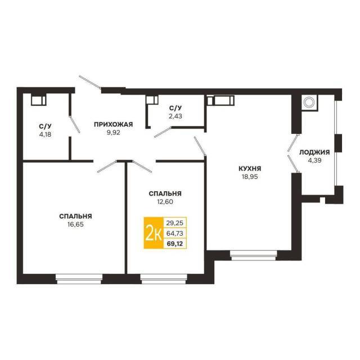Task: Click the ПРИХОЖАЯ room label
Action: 114,124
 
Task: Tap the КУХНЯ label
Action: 250,169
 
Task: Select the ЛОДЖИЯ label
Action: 314,152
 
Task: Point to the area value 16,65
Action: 75,224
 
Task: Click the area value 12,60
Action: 165,202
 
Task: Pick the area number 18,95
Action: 250,177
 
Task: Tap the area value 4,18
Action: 45,134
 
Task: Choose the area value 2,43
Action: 175,116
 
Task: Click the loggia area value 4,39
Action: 314,160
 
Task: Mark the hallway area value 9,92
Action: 114,133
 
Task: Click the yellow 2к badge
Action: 154,232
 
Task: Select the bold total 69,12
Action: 175,244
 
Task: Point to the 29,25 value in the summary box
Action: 175,223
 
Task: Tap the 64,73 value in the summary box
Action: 175,233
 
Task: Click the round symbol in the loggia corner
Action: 308,102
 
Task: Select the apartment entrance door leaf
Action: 90,82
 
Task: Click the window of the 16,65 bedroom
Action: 79,279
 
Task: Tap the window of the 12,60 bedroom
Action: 164,279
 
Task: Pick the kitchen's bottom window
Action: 254,255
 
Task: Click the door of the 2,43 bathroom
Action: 163,132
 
